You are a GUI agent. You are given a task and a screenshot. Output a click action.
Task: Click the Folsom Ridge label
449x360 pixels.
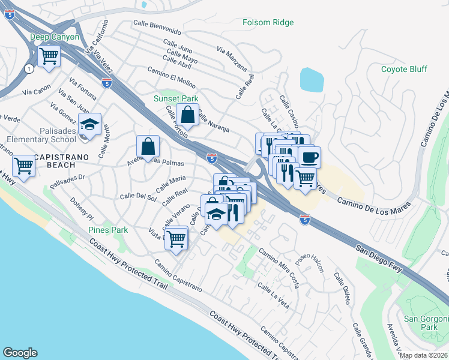268,23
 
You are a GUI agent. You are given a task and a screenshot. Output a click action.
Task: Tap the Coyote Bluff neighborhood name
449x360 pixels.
404,69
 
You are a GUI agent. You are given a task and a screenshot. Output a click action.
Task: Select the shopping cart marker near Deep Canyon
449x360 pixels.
49,58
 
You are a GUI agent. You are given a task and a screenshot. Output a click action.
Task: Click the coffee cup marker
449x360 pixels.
309,157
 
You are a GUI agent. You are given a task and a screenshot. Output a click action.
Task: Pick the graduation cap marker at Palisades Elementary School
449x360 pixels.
89,124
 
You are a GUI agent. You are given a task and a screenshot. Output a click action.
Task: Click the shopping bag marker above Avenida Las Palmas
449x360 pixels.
147,146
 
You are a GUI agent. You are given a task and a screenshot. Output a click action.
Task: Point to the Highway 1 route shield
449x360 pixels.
28,69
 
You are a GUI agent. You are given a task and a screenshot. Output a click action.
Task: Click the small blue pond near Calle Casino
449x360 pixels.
311,79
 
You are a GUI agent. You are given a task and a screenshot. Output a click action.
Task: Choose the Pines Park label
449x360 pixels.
108,230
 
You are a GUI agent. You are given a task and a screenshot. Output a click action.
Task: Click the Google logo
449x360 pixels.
20,353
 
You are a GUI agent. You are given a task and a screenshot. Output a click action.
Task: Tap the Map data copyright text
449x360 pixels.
423,355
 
